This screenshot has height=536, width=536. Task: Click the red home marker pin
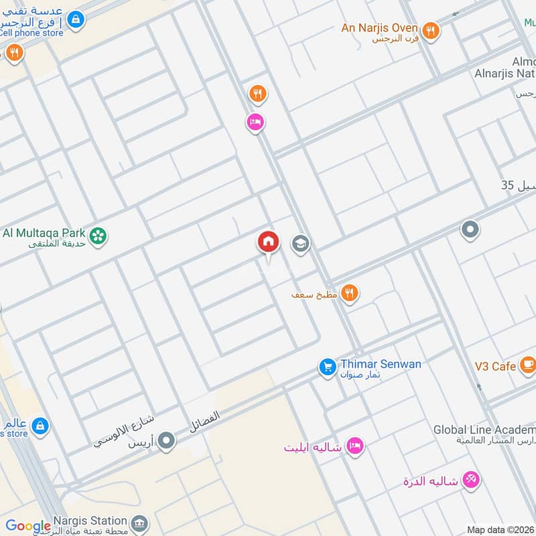point(268,242)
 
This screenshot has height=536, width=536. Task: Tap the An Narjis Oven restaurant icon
point(431,30)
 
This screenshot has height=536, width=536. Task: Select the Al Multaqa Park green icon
point(98,235)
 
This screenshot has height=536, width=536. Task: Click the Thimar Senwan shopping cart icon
point(328,366)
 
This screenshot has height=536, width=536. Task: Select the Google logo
point(28,527)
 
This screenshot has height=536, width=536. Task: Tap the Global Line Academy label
point(484,429)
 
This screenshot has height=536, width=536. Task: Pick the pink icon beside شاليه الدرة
point(472,480)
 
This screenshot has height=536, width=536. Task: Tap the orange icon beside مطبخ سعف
point(349,293)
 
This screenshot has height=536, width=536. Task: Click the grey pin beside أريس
point(167,441)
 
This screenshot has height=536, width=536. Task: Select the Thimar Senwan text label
point(381,364)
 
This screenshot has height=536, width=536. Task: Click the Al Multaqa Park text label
point(44,233)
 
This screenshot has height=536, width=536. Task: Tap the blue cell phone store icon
point(77,19)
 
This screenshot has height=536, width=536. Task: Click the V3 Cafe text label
point(495,366)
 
